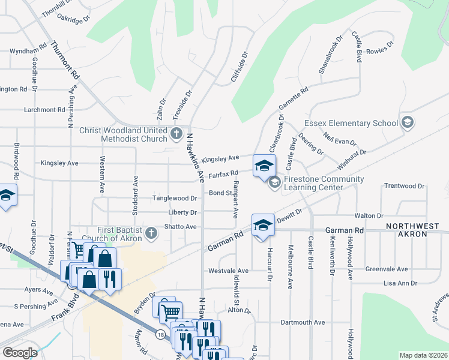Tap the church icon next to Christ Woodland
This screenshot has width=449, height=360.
(176, 134)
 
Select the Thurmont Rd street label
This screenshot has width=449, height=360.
(65, 61)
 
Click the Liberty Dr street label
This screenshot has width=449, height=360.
(183, 212)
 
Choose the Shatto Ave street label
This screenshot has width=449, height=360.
(182, 227)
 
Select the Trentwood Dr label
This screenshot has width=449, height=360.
(404, 186)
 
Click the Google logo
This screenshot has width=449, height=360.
(20, 353)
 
